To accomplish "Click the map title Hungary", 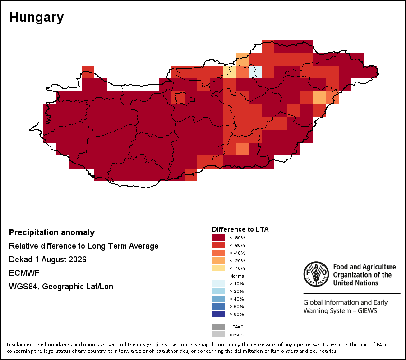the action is [x=36, y=17].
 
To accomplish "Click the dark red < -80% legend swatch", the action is [x=218, y=237].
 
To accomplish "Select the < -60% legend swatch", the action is [x=218, y=245].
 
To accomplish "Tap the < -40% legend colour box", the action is [x=218, y=253].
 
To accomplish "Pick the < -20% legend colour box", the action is [x=218, y=260].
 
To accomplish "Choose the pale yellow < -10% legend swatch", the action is [x=218, y=268].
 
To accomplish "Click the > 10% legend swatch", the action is [x=218, y=283].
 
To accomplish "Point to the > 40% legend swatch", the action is [x=218, y=299].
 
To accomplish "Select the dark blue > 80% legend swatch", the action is [x=218, y=314].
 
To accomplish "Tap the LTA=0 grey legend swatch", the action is [x=218, y=327].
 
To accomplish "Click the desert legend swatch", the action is [x=218, y=334].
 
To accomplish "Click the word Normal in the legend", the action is [x=237, y=276].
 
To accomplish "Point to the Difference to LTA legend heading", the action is [x=240, y=229].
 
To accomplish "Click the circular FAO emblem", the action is [x=316, y=274].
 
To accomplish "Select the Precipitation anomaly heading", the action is [x=52, y=232].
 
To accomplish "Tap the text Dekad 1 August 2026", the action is [x=48, y=260].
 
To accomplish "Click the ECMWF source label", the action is [x=24, y=273].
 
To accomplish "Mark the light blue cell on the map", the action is [x=255, y=72].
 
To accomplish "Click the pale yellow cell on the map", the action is [x=230, y=72].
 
